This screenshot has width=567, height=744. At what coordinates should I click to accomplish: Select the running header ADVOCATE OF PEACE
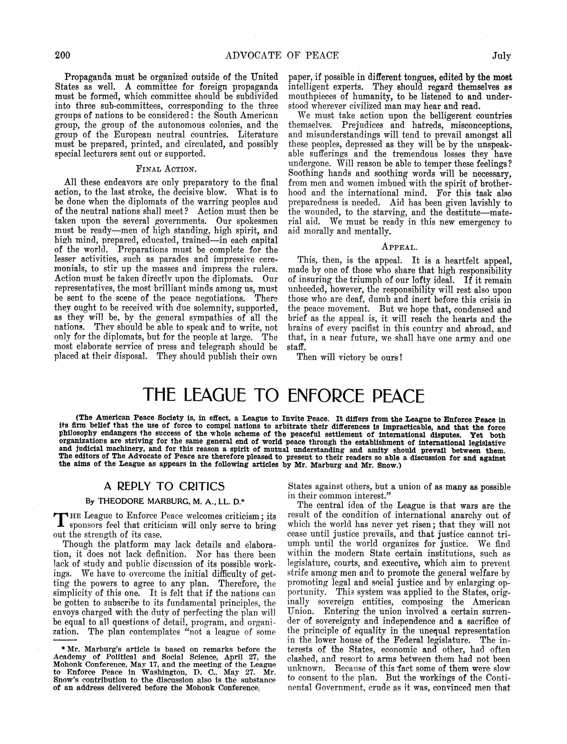click(282, 55)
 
